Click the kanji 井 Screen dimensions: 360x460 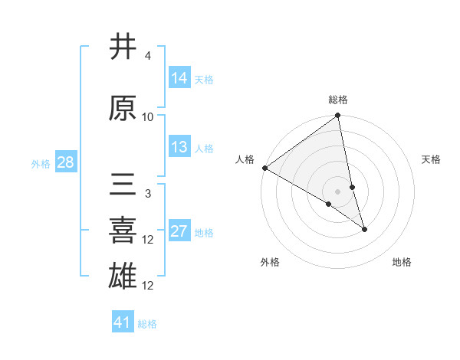[124, 47]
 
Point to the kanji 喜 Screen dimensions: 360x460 [124, 231]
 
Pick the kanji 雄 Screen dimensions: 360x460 [124, 276]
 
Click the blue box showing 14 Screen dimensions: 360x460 [179, 78]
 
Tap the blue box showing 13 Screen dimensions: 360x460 [179, 147]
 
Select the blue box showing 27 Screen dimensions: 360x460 [179, 231]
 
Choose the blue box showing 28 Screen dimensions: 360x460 [65, 162]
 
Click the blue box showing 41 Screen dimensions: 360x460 [123, 322]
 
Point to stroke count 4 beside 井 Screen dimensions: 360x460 [147, 57]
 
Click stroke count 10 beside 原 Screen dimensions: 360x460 [148, 117]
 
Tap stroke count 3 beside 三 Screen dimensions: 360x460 [147, 194]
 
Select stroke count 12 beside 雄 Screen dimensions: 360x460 [148, 286]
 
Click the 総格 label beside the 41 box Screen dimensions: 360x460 [147, 324]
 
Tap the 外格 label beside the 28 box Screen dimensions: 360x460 [41, 163]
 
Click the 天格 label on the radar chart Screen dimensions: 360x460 [431, 159]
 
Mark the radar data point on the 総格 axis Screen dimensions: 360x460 [337, 116]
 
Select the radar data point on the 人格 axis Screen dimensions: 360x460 [264, 168]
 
